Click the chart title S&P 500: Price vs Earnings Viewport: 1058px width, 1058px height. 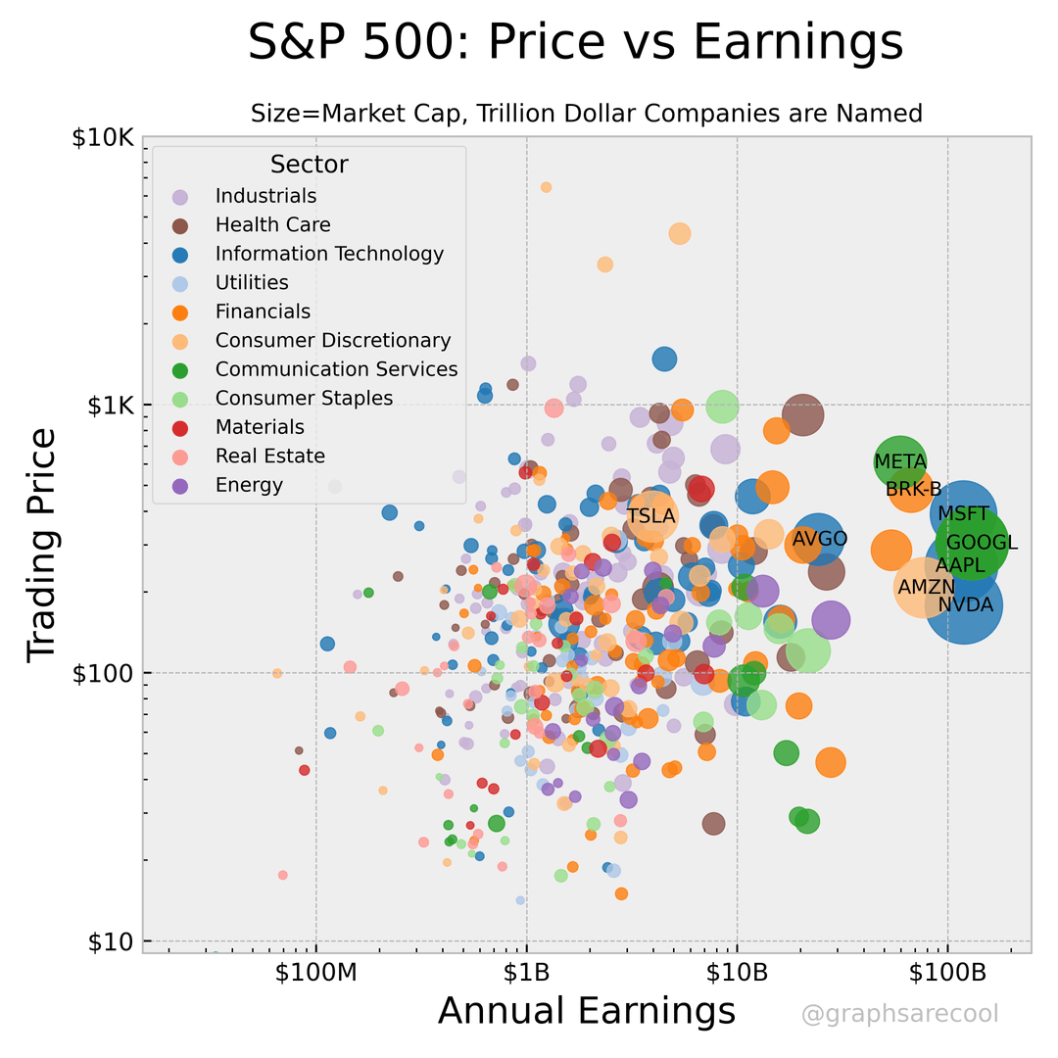coord(574,43)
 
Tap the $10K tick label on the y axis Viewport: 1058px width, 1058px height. coord(102,137)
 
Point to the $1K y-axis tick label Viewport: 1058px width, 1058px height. coord(108,405)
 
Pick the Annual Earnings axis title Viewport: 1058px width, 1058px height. coord(586,1010)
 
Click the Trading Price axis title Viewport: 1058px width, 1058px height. coord(43,543)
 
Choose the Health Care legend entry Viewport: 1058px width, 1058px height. coord(272,225)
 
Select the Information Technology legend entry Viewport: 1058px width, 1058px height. coord(329,254)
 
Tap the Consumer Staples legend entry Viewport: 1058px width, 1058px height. coord(304,398)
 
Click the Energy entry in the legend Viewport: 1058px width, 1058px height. coord(249,485)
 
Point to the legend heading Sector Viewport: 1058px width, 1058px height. coord(309,165)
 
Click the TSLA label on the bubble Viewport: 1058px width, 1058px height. coord(651,515)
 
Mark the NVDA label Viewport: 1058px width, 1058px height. coord(965,605)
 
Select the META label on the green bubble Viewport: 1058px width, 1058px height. coord(900,461)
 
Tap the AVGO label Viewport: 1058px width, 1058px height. coord(820,539)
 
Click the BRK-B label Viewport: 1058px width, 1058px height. coord(913,489)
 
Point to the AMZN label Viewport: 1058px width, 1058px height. coord(926,587)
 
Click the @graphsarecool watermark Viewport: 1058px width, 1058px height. coord(899,1015)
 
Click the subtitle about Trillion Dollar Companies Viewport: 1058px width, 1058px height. coord(586,114)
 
